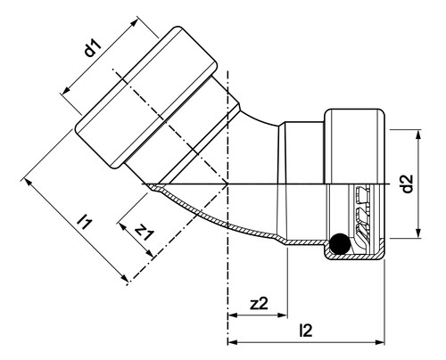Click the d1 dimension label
tap(93, 48)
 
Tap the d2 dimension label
tap(408, 184)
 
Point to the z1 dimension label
tap(145, 231)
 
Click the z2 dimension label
tap(259, 303)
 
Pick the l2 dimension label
tap(306, 330)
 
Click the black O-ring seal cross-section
tap(340, 244)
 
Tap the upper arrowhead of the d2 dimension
tap(418, 135)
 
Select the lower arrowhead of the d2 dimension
tap(418, 233)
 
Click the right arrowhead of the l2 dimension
tap(380, 342)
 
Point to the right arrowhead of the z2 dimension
tap(282, 315)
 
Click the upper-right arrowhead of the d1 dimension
tap(135, 23)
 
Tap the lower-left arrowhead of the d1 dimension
tap(66, 90)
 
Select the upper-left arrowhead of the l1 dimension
tap(29, 182)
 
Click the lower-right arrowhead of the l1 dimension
tap(124, 278)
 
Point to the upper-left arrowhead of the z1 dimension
tap(122, 227)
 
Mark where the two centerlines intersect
tap(227, 184)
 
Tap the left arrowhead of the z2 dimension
tap(233, 315)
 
